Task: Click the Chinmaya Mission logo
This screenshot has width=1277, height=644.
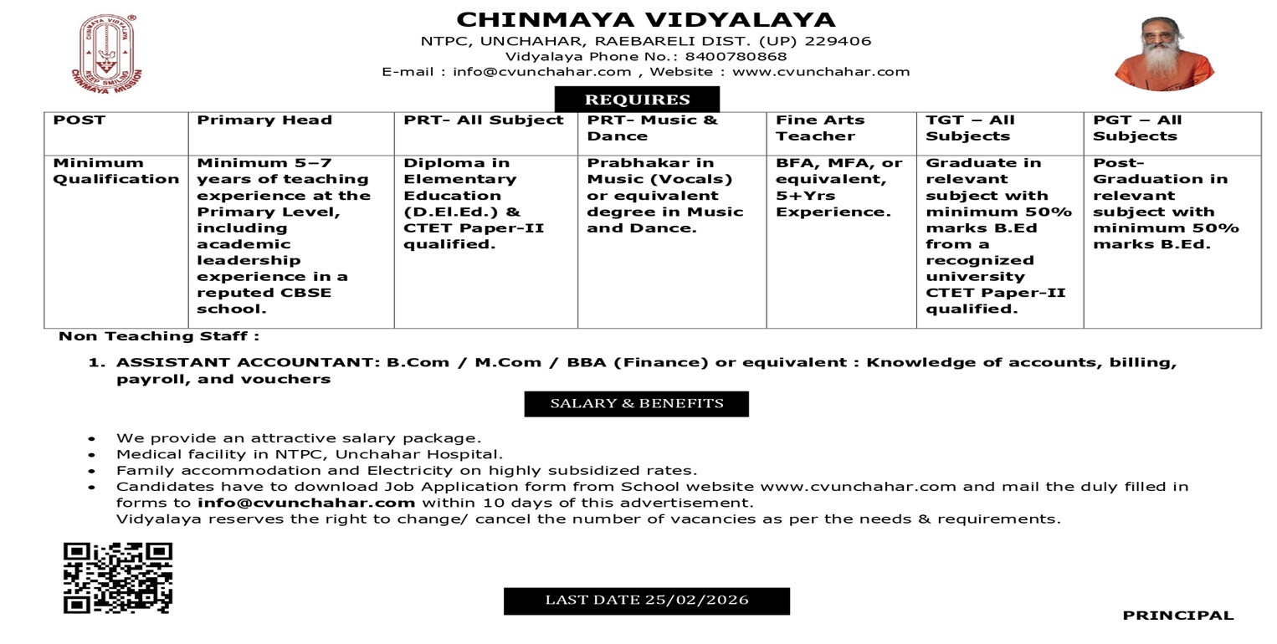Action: click(x=106, y=52)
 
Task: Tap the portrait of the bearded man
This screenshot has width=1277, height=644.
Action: click(x=1164, y=53)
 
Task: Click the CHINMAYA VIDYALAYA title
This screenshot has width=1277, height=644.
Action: click(x=645, y=19)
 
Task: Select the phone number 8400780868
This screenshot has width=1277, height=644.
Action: click(x=736, y=57)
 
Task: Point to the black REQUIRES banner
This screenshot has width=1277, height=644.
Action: click(x=637, y=100)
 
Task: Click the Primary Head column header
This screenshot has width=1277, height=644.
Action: click(x=264, y=120)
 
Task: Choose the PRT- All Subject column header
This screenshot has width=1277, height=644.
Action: click(x=484, y=120)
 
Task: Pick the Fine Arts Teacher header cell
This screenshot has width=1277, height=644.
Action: click(x=819, y=128)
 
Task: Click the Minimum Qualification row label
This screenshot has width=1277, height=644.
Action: click(x=115, y=171)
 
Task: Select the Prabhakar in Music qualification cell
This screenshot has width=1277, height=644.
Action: click(x=664, y=195)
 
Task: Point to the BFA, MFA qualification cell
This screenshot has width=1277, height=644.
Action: click(x=839, y=187)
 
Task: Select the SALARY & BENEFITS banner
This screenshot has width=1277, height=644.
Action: click(x=637, y=404)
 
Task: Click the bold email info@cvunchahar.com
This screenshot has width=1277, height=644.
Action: click(x=306, y=503)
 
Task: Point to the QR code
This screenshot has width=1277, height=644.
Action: click(x=118, y=577)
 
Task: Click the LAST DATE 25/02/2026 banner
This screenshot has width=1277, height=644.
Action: click(x=646, y=601)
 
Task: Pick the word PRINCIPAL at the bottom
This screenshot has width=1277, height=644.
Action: click(x=1177, y=616)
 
